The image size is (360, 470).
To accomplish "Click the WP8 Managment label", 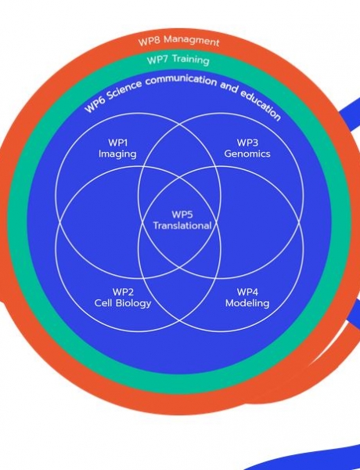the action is (178, 40).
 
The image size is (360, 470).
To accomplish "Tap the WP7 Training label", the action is (178, 60).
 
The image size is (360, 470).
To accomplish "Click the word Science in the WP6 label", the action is (124, 91).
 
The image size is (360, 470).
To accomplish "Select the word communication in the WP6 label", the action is (182, 80).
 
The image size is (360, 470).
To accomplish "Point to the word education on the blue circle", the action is (261, 104).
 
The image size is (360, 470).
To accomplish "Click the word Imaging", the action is (117, 154).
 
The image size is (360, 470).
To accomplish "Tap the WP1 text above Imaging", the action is (117, 143).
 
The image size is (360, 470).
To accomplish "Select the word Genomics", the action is (247, 154).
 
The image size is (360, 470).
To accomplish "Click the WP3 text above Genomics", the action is (247, 143).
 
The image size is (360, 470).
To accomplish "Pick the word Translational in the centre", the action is (182, 226).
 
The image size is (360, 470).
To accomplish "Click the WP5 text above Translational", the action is (182, 215).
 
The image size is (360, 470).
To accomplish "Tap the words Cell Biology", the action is (123, 303).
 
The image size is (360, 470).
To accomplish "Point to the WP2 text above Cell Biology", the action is (123, 292).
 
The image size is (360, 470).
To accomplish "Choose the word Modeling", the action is (247, 303).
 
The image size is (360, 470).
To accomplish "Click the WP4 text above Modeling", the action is (247, 292).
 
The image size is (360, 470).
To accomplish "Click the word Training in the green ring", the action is (190, 60).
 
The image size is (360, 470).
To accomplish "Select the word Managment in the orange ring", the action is (192, 41).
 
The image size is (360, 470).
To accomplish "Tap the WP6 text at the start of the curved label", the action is (94, 106).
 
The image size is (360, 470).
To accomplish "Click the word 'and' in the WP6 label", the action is (229, 87).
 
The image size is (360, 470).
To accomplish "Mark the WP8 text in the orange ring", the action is (149, 41).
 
